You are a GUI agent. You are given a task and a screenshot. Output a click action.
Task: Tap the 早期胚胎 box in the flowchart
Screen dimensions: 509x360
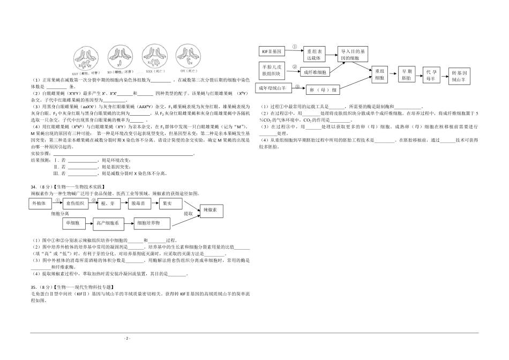pos(407,74)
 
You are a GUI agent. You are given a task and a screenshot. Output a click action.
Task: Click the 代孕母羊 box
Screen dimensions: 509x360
pos(433,75)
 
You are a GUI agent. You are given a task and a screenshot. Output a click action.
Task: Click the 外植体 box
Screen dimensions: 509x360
pos(41,204)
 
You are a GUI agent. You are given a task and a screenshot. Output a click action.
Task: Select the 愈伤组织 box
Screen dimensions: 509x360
pos(76,204)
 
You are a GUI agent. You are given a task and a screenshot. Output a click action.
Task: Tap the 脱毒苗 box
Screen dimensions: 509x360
pos(139,204)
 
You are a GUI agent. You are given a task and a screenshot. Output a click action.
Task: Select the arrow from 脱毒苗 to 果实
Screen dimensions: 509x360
pos(153,204)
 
